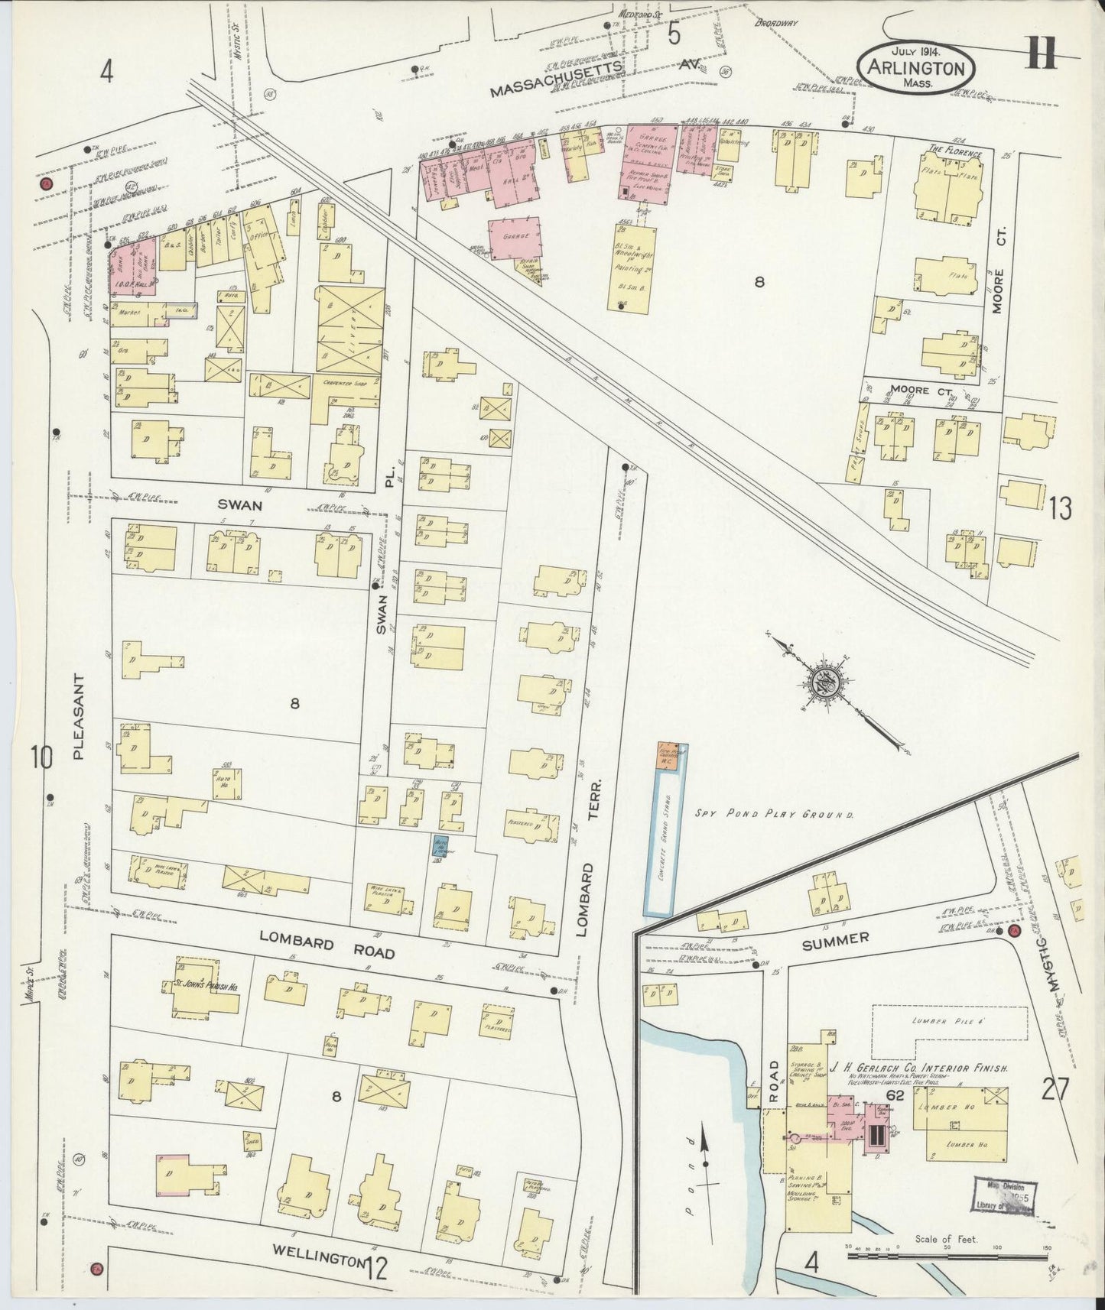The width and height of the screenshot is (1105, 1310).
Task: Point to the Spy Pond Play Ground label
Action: tap(774, 815)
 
